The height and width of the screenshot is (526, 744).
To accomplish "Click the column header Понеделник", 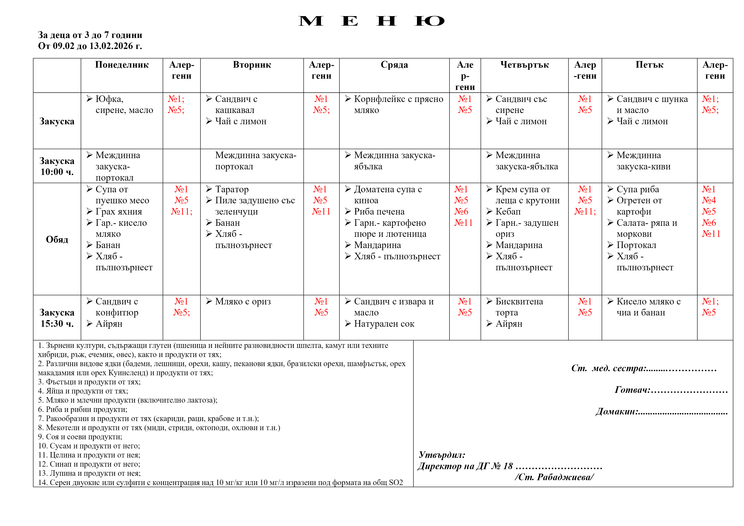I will pyautogui.click(x=122, y=65).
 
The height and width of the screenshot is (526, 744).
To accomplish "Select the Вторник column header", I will pyautogui.click(x=252, y=65).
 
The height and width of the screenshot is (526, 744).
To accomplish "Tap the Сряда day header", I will pyautogui.click(x=394, y=65).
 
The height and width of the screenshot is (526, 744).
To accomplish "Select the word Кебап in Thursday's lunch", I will pyautogui.click(x=508, y=212).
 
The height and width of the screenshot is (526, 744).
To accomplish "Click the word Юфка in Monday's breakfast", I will pyautogui.click(x=109, y=99).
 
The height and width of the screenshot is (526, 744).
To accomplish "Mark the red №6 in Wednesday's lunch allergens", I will pyautogui.click(x=461, y=212).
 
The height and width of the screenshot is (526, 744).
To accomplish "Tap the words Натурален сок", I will pyautogui.click(x=384, y=324).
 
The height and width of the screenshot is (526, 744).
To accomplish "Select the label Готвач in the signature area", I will pyautogui.click(x=632, y=390).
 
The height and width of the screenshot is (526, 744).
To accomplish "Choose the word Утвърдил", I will pyautogui.click(x=442, y=455).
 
